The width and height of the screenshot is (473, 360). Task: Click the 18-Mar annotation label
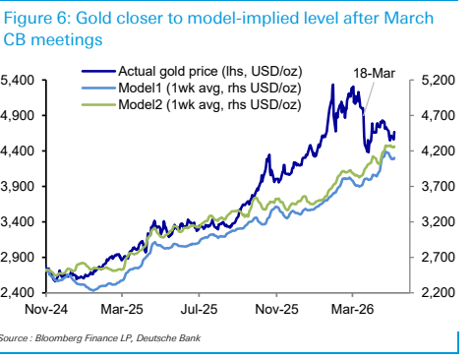coord(374,74)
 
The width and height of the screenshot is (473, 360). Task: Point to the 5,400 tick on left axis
coord(18,80)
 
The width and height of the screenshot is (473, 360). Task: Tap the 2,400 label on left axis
coord(18,292)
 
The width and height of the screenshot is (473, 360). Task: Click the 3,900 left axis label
coord(18,186)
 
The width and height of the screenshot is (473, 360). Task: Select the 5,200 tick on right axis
coord(439,80)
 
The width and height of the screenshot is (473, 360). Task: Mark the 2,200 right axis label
coord(439,292)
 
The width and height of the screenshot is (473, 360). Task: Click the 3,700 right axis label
coord(439,186)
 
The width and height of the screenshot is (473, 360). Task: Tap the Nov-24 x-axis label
coord(46,309)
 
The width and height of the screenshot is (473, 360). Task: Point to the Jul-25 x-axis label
coord(199,309)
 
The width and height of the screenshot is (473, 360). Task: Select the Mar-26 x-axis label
coord(352,309)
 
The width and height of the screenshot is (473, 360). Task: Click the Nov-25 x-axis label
coord(276,309)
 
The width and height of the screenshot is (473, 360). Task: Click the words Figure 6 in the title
coord(37,19)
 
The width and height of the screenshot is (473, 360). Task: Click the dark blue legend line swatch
coord(98,71)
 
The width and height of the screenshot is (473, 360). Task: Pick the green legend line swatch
coord(98,105)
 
